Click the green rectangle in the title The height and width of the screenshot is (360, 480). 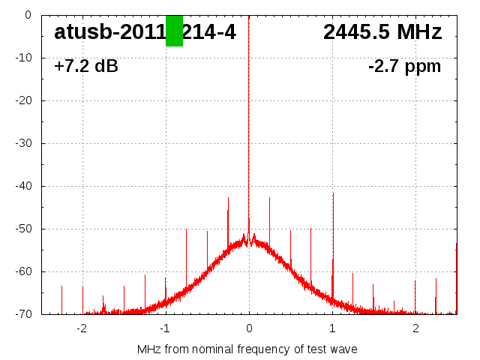click(x=174, y=31)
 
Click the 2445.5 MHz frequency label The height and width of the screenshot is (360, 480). click(x=382, y=31)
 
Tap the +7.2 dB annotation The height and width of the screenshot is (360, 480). click(x=86, y=66)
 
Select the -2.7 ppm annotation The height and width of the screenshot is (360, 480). click(x=404, y=66)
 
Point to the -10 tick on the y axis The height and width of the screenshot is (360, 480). click(x=24, y=58)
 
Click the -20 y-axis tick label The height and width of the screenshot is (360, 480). click(x=24, y=100)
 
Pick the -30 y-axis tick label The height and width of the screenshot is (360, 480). click(x=24, y=143)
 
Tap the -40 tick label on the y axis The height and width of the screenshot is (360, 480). click(x=24, y=186)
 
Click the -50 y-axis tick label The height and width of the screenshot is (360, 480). click(x=24, y=229)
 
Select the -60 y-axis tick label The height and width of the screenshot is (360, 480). click(x=24, y=271)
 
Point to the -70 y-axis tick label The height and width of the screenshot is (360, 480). click(x=24, y=314)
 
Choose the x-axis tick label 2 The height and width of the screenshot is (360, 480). click(x=415, y=328)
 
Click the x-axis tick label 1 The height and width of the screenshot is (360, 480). click(x=332, y=328)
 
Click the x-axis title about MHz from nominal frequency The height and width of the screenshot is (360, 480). click(x=247, y=349)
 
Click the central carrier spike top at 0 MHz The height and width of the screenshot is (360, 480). click(x=249, y=16)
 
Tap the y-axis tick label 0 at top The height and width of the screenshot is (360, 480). click(x=28, y=15)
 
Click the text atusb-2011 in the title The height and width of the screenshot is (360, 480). click(x=109, y=31)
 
